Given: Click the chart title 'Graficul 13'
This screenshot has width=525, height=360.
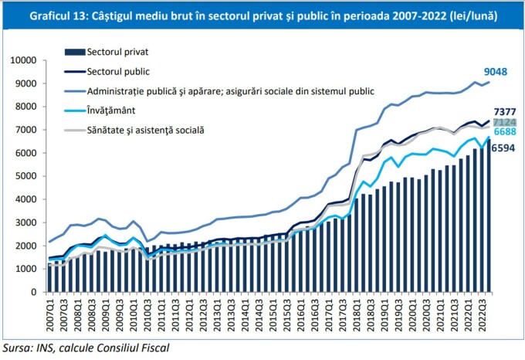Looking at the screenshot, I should point(262,14).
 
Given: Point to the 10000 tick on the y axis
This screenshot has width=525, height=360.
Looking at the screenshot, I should point(24,60).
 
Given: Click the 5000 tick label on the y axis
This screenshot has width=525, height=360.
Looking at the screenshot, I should point(26,176).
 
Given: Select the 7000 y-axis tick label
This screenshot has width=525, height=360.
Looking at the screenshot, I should point(26,130).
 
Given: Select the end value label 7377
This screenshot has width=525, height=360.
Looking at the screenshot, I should point(507,113).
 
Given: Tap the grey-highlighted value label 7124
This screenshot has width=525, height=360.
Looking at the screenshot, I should point(507,123).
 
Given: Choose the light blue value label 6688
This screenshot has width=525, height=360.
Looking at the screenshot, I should point(507,133).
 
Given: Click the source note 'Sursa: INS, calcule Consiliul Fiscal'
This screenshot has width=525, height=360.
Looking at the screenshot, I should point(85,348).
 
